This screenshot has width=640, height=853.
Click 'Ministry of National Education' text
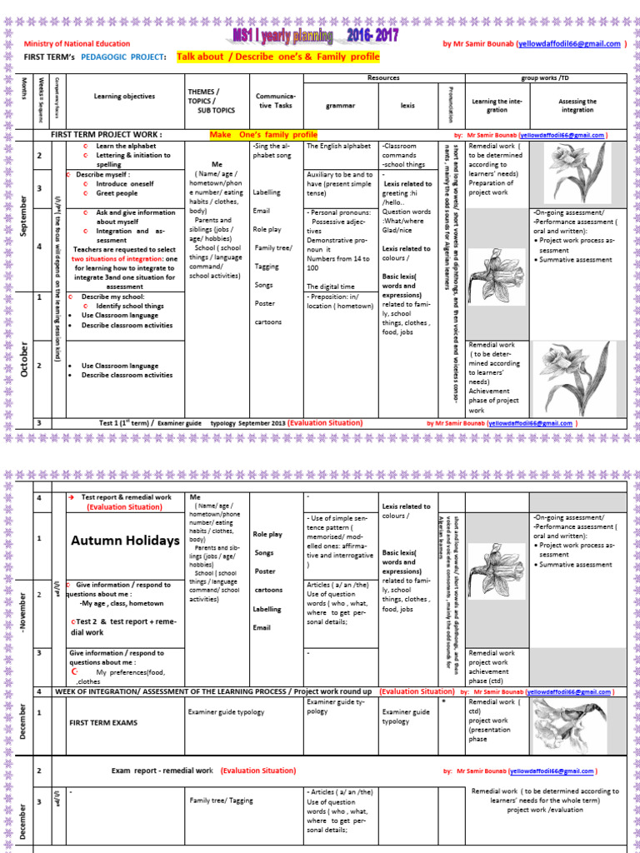tap(77, 44)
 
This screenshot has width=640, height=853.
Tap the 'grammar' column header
tap(340, 106)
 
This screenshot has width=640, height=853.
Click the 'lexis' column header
tap(408, 106)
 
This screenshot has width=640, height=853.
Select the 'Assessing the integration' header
tap(577, 106)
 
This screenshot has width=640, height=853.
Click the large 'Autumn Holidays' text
tap(125, 541)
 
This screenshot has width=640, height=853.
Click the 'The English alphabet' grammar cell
tap(339, 146)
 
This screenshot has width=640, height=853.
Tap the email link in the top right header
tap(570, 43)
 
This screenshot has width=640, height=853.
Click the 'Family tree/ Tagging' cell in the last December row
tap(216, 801)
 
